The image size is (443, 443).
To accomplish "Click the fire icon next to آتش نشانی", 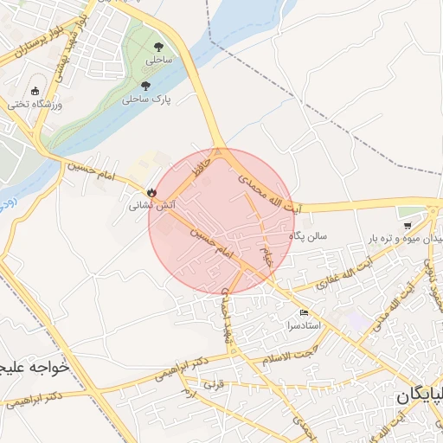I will point(152,193).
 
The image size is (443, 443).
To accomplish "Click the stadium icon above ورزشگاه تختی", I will point(35,91).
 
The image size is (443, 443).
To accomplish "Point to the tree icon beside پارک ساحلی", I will point(145,87).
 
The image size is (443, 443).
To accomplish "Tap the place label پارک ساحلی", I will point(147,100).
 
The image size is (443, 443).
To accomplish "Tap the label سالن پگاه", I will point(310,235).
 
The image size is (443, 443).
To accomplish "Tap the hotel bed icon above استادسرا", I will point(304,313).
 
